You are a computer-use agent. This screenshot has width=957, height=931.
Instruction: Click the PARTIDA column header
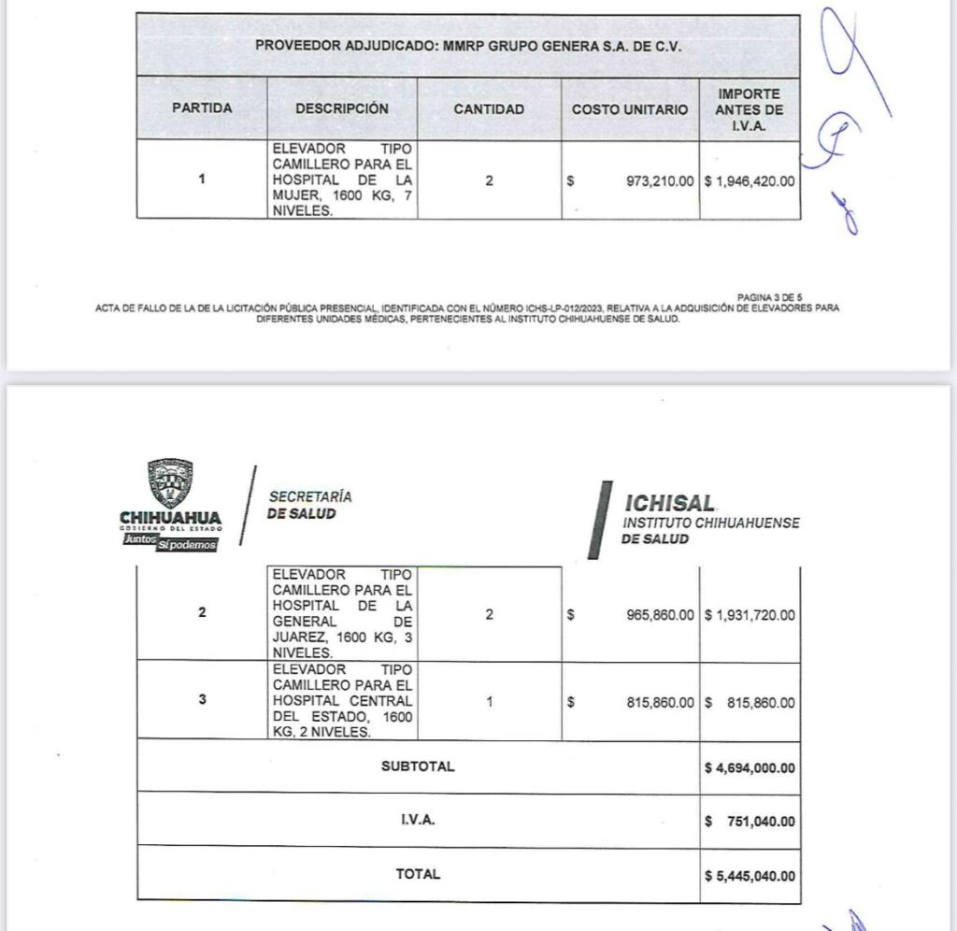tap(202, 108)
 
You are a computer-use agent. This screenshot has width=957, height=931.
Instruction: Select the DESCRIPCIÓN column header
tap(342, 108)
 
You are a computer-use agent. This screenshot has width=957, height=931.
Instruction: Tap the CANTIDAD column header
tap(489, 108)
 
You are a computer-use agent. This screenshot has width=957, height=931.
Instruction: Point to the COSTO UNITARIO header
tap(630, 109)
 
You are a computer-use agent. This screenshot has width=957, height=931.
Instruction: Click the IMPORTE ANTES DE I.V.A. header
tap(750, 109)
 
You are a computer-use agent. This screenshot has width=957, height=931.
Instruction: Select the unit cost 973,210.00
tap(660, 180)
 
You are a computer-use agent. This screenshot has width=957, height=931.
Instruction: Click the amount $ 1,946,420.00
tap(750, 180)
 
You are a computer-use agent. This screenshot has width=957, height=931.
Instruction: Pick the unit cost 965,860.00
tap(660, 615)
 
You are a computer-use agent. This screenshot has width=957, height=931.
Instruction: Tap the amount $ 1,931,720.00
tap(750, 615)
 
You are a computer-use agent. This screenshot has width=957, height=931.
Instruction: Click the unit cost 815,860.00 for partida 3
tap(660, 702)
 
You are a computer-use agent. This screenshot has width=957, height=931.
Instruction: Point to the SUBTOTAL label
tap(418, 766)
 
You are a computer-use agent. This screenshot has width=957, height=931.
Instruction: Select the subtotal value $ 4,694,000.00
tap(750, 767)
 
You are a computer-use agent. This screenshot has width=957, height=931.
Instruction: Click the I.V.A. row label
tap(418, 821)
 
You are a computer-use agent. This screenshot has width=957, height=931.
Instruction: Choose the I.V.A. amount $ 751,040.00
tap(750, 822)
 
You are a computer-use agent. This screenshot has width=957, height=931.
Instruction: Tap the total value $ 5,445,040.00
tap(750, 876)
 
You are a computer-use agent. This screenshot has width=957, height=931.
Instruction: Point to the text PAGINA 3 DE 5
tap(769, 297)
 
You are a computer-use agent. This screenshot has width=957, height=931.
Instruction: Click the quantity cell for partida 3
tap(489, 702)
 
